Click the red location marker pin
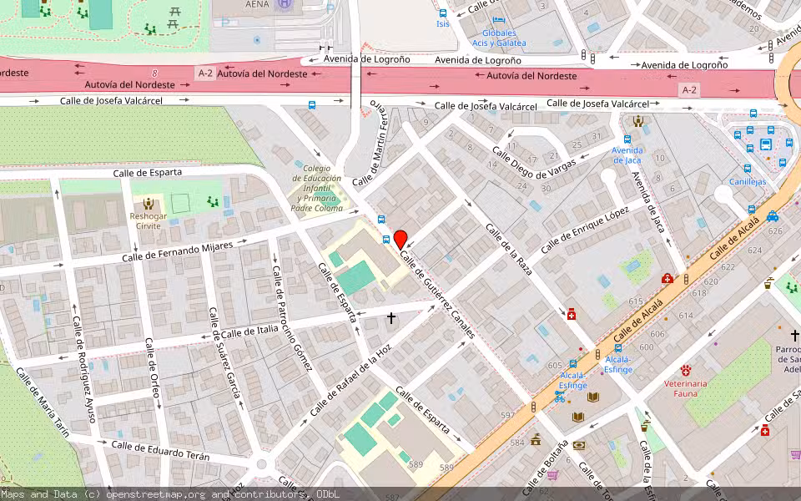coord(400,239)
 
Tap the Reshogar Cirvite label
coord(149,220)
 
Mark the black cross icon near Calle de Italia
coord(390,318)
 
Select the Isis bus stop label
coord(442,23)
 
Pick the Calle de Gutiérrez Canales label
coord(437,296)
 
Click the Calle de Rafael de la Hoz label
coord(350,382)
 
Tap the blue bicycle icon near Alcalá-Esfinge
coord(558,396)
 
